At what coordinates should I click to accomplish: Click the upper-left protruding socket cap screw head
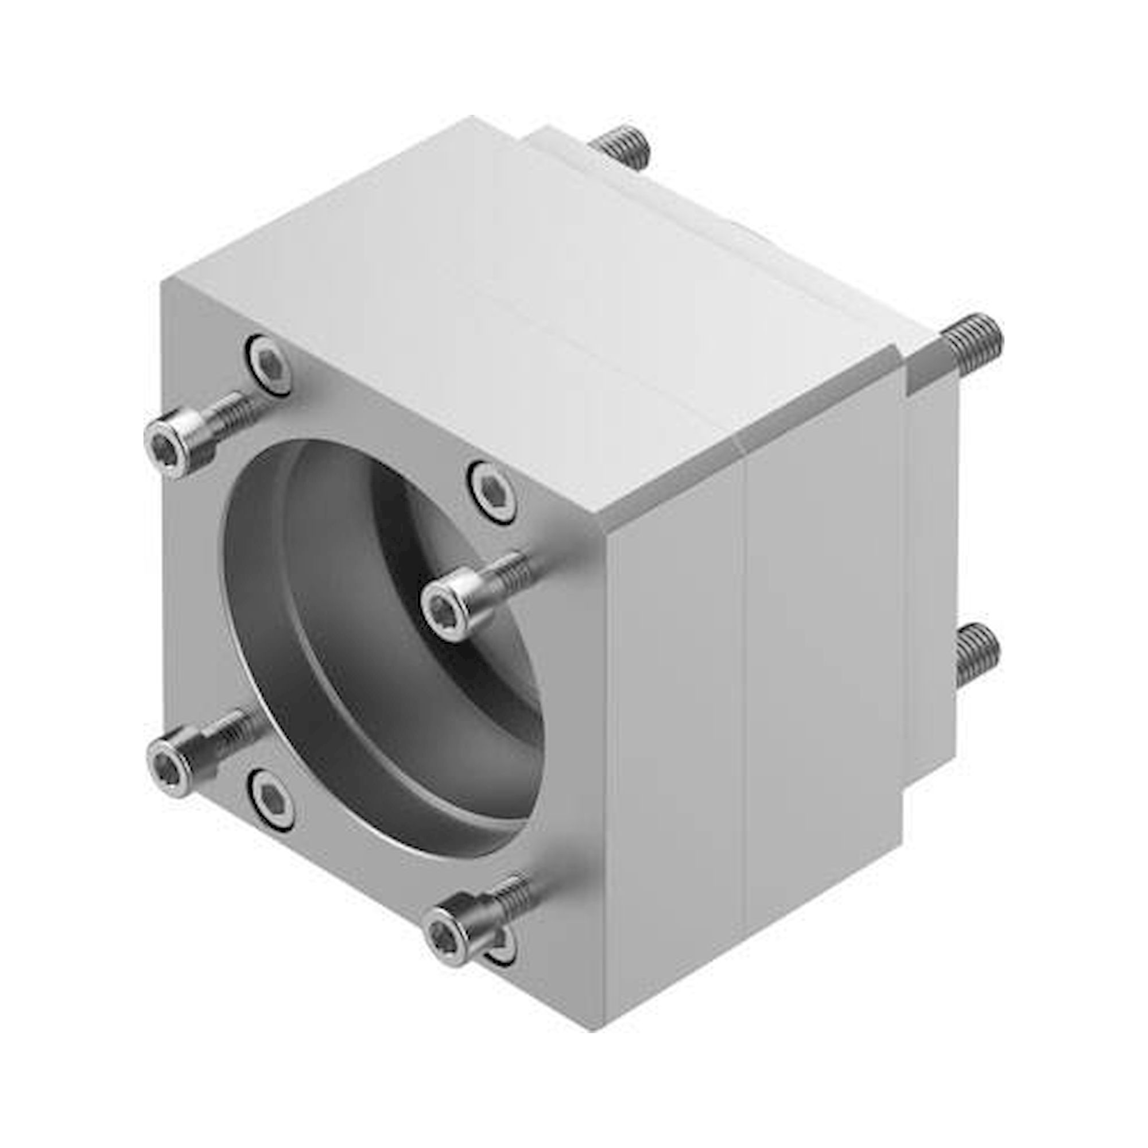pyautogui.click(x=172, y=443)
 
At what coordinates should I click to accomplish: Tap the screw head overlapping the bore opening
pyautogui.click(x=449, y=607)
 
